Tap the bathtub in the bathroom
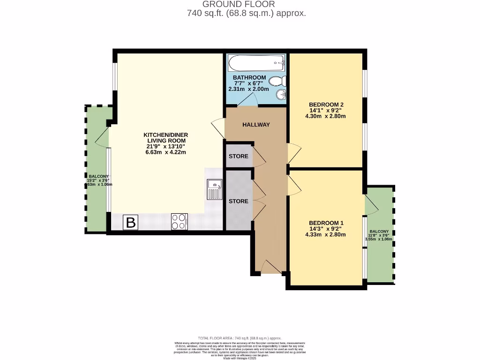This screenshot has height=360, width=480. pos(256,61)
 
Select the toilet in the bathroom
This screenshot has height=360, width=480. pos(279,81)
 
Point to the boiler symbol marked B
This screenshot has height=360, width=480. pos(131,223)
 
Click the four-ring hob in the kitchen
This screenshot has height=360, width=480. pos(180,221)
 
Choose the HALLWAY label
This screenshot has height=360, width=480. pos(256,125)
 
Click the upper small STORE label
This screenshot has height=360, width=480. pos(239,156)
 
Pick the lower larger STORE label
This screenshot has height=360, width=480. pos(239,201)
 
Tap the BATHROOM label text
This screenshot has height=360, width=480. pos(249,77)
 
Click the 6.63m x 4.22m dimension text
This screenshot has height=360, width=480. pos(165,152)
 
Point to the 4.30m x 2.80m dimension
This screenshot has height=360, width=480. pos(327,116)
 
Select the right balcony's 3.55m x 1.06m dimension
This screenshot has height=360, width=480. pos(379,239)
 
